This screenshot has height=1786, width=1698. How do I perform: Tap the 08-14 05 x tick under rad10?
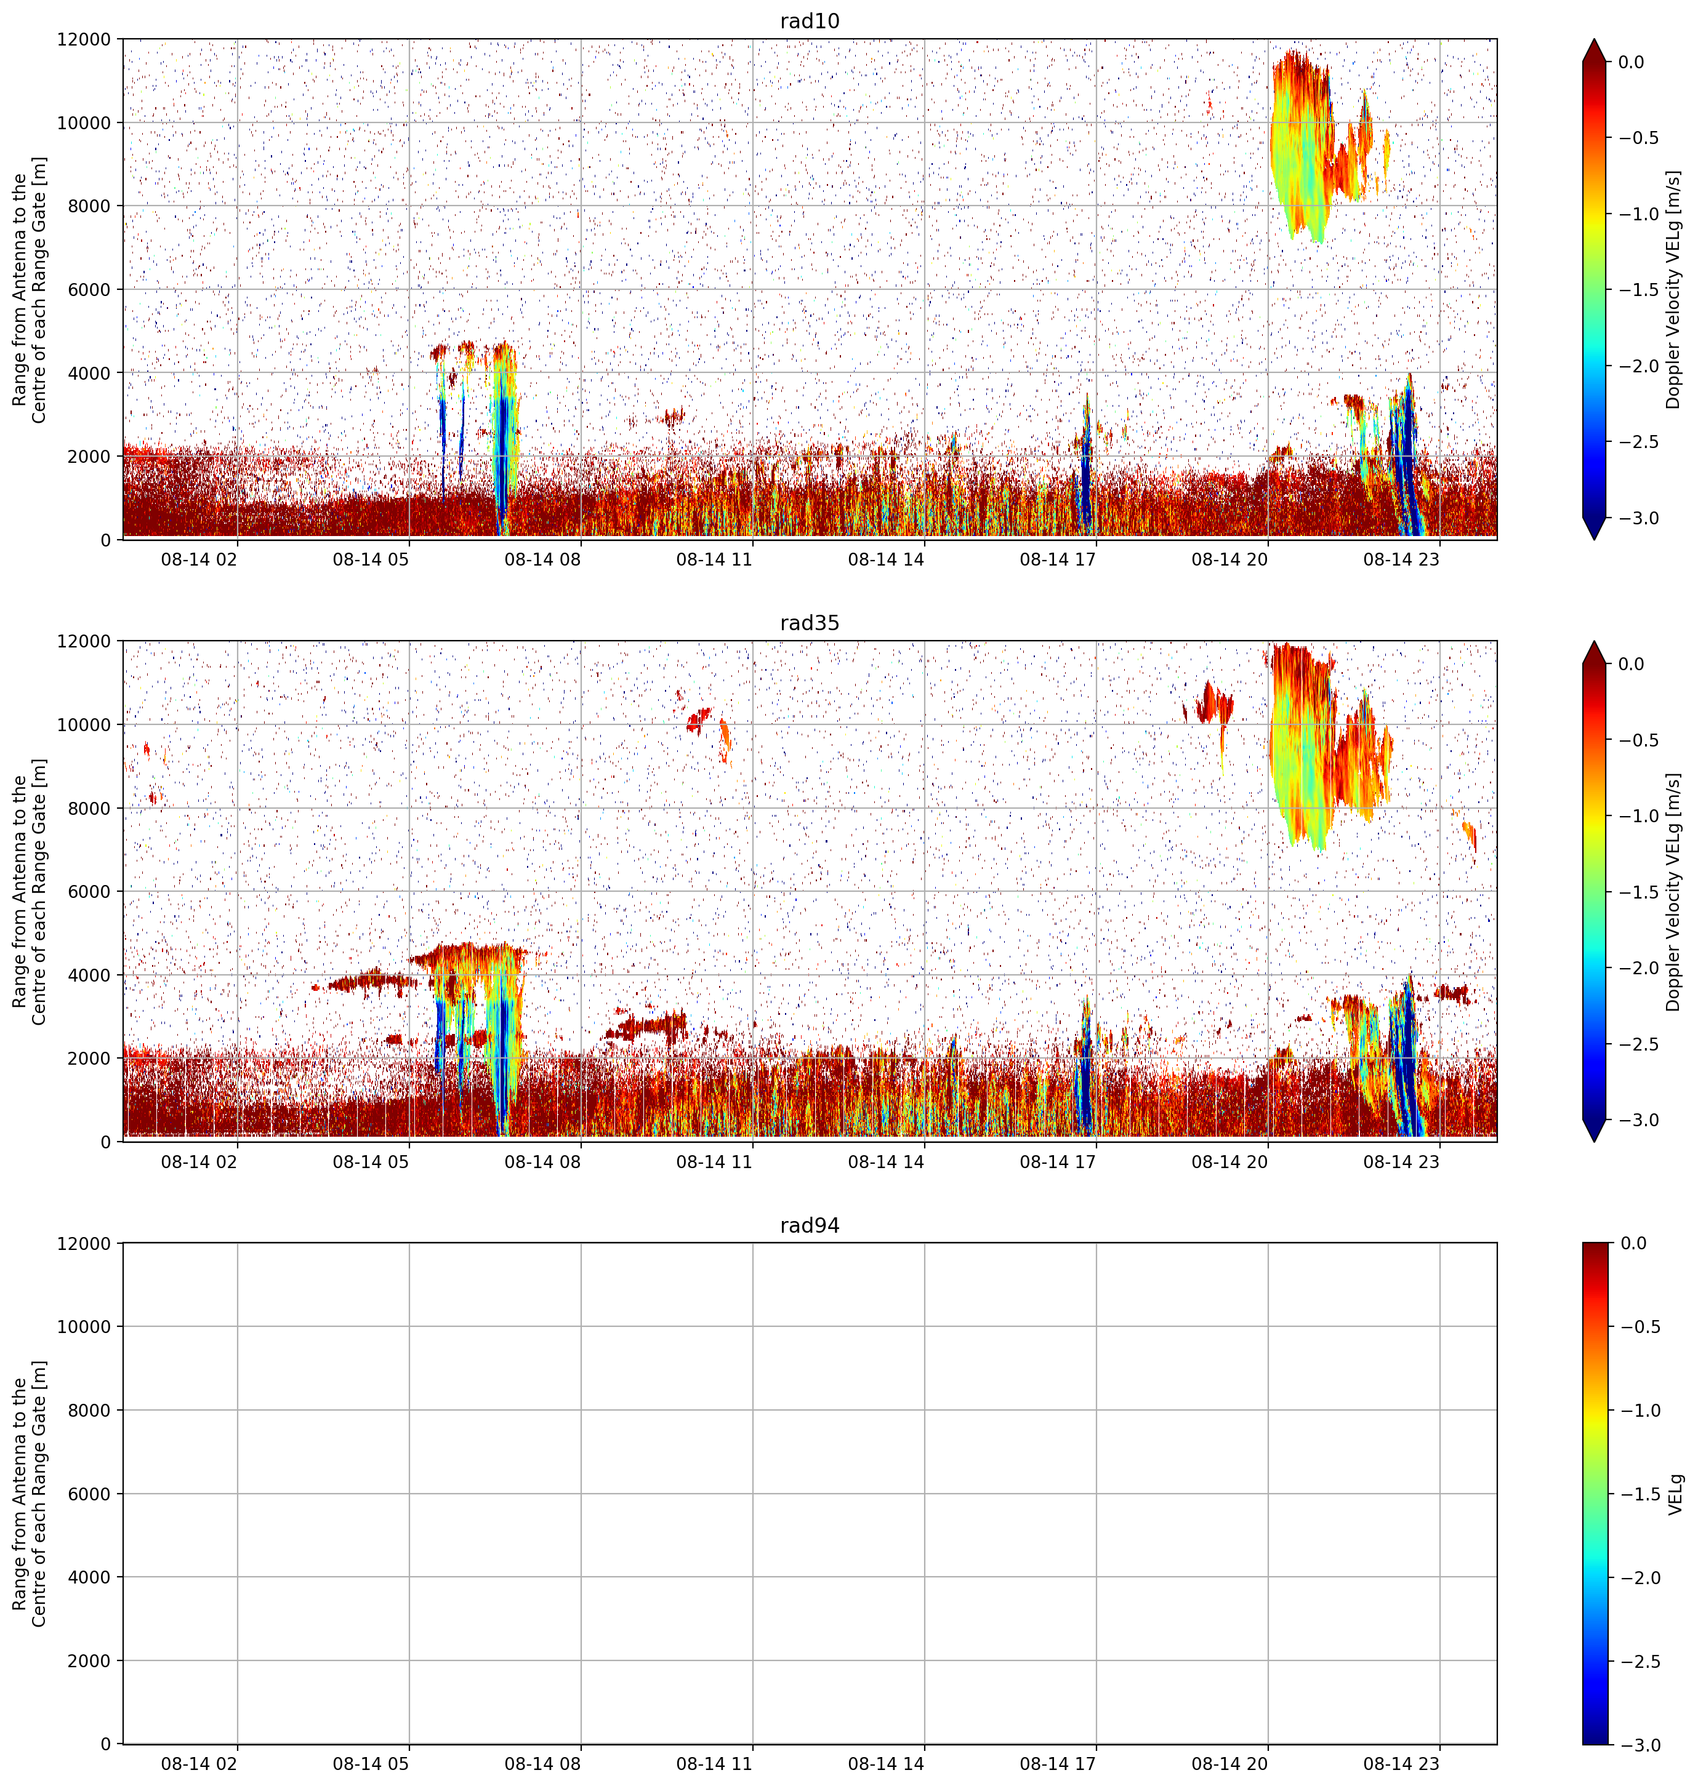click(x=371, y=559)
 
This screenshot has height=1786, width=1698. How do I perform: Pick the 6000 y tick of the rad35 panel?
click(x=91, y=891)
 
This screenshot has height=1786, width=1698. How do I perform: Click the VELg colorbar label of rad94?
click(x=1675, y=1494)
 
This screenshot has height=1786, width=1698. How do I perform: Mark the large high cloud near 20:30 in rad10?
click(x=1302, y=145)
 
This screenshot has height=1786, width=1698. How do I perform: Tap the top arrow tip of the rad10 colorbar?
click(x=1595, y=39)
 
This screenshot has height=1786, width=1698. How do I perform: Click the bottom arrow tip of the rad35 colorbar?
click(x=1595, y=1142)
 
